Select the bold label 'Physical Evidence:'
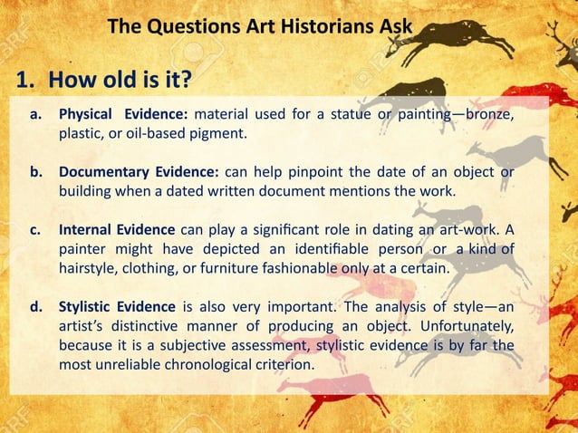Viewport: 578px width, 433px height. point(123,117)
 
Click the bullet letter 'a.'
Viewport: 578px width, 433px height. point(37,117)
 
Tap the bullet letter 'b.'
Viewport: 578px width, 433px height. point(37,172)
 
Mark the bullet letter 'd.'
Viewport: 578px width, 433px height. point(37,305)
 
